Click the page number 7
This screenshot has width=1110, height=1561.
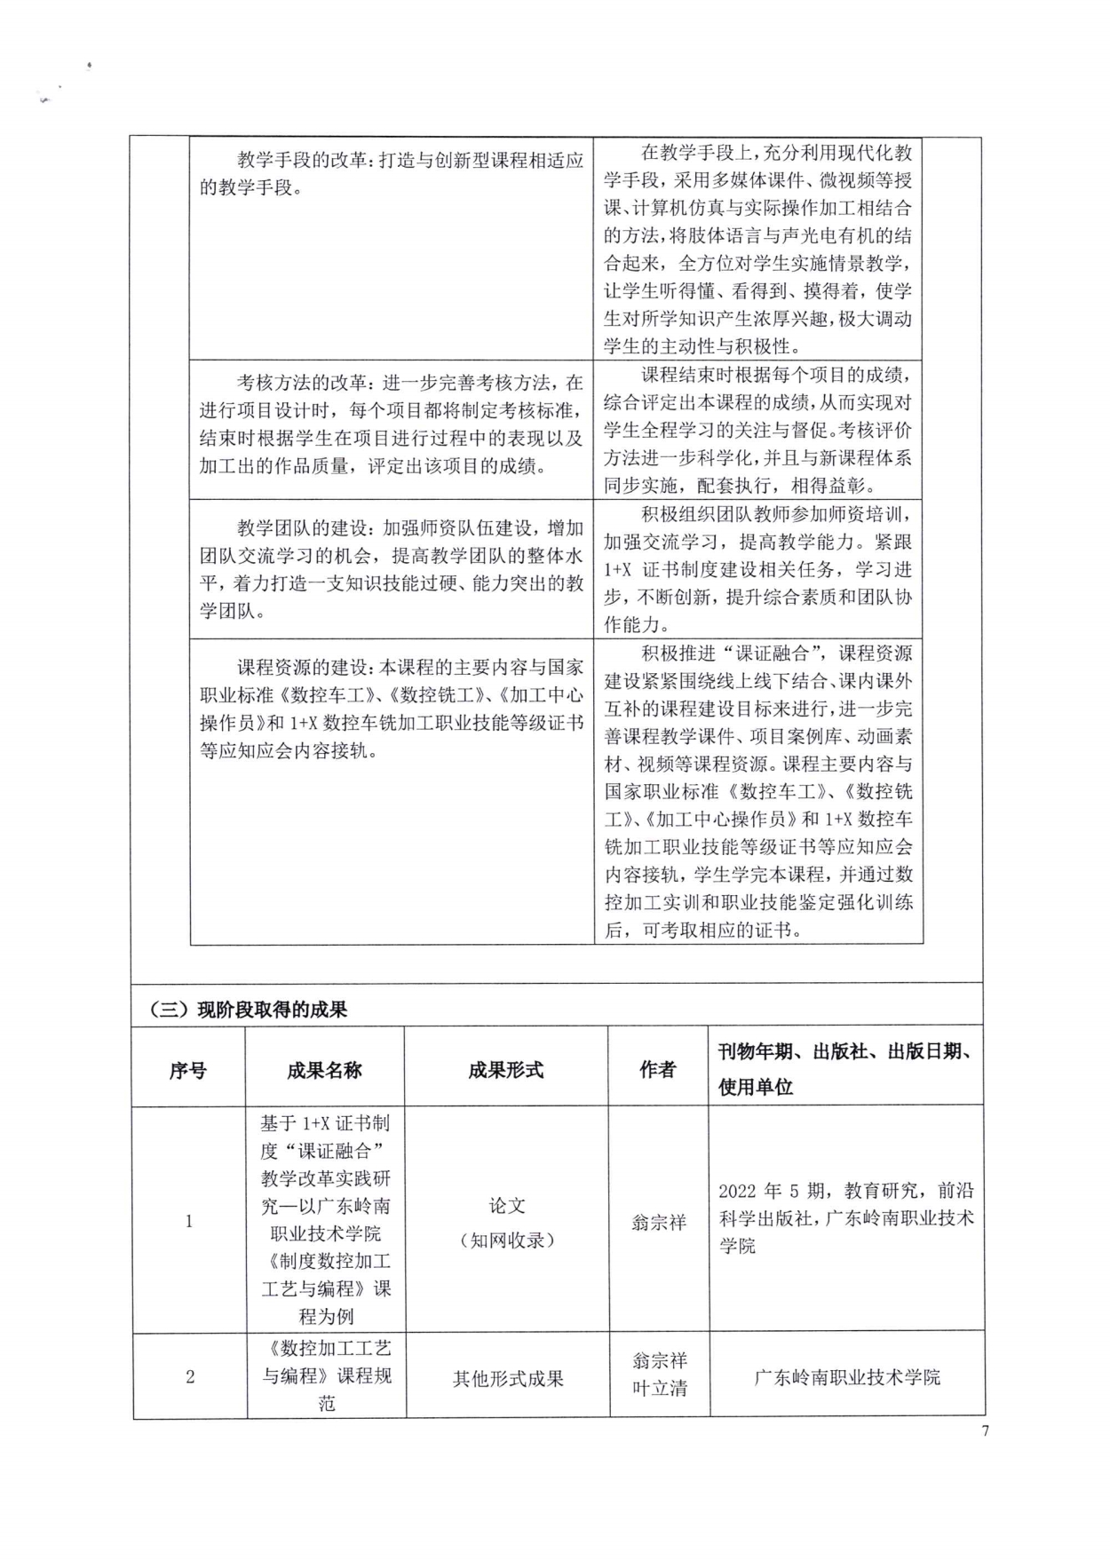coord(985,1430)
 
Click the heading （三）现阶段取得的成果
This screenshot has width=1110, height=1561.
coord(249,1010)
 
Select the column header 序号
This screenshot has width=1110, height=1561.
coord(187,1070)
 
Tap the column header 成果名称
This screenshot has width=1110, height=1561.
coord(324,1070)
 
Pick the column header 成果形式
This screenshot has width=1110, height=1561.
coord(506,1070)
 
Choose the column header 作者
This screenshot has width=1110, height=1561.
coord(658,1070)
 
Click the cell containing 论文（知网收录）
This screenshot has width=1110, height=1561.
coord(507,1222)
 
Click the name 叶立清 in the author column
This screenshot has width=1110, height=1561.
coord(659,1389)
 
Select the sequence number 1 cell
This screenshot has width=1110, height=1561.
coord(188,1222)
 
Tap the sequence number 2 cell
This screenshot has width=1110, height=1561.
coord(189,1377)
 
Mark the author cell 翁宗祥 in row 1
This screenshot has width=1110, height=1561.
coord(659,1222)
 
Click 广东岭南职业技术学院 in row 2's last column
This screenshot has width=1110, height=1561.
coord(846,1377)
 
